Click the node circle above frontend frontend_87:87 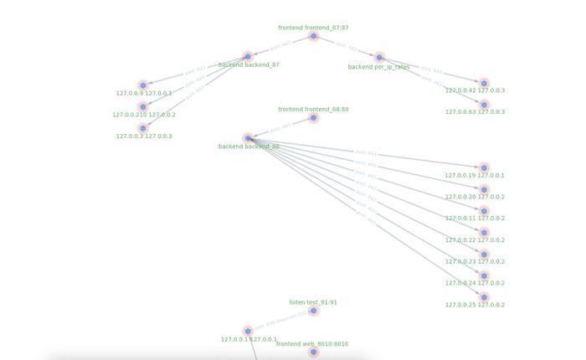(314, 36)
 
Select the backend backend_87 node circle (248, 56)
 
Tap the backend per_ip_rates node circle (379, 57)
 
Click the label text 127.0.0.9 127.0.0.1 (144, 94)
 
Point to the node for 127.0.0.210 (143, 106)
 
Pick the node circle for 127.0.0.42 (484, 82)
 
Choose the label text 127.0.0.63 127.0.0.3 (475, 111)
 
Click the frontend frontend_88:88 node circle (314, 117)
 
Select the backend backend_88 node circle (248, 138)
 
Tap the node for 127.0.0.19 (484, 167)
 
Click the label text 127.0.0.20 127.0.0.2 (475, 197)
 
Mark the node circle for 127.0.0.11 (484, 210)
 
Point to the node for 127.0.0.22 (484, 232)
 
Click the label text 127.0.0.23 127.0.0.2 (475, 261)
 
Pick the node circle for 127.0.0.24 (484, 275)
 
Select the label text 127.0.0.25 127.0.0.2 (475, 305)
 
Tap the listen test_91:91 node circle (314, 311)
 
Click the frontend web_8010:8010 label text (312, 344)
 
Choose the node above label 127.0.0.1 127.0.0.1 (248, 331)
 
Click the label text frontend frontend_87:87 (314, 28)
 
